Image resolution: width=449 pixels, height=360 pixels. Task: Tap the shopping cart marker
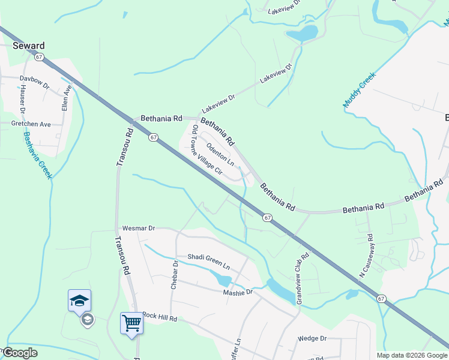pyautogui.click(x=131, y=323)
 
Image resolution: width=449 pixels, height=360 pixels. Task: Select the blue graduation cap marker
pyautogui.click(x=79, y=300)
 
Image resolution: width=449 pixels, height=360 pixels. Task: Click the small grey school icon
pyautogui.click(x=87, y=319)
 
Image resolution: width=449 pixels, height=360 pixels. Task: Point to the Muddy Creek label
pyautogui.click(x=358, y=90)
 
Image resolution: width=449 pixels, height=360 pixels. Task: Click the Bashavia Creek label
pyautogui.click(x=36, y=155)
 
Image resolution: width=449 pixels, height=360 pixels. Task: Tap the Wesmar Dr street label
pyautogui.click(x=139, y=229)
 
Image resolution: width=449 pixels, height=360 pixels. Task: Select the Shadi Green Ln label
pyautogui.click(x=208, y=261)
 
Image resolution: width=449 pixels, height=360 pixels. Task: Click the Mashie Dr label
pyautogui.click(x=238, y=292)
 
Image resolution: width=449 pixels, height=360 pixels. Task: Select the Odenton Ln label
pyautogui.click(x=220, y=155)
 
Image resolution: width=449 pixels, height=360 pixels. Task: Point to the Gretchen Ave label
pyautogui.click(x=31, y=124)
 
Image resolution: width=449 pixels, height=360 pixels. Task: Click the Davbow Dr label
pyautogui.click(x=34, y=79)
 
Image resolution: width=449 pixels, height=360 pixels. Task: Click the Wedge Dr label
pyautogui.click(x=312, y=338)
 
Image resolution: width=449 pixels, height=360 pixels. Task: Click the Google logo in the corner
pyautogui.click(x=19, y=353)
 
